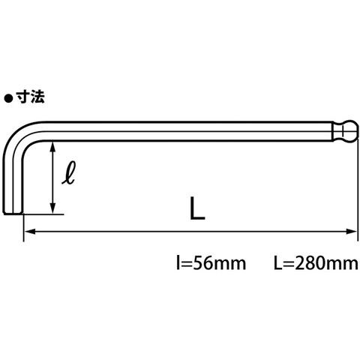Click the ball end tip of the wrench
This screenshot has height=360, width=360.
(357, 131)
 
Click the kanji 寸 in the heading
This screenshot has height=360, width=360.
(23, 97)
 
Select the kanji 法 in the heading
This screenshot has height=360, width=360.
(37, 97)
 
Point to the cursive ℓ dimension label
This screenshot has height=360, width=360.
(69, 172)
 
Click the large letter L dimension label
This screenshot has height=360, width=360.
(197, 208)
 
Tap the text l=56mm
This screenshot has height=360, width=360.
(211, 263)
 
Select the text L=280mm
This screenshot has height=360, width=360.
(316, 263)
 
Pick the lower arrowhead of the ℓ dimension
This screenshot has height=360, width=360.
(52, 208)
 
